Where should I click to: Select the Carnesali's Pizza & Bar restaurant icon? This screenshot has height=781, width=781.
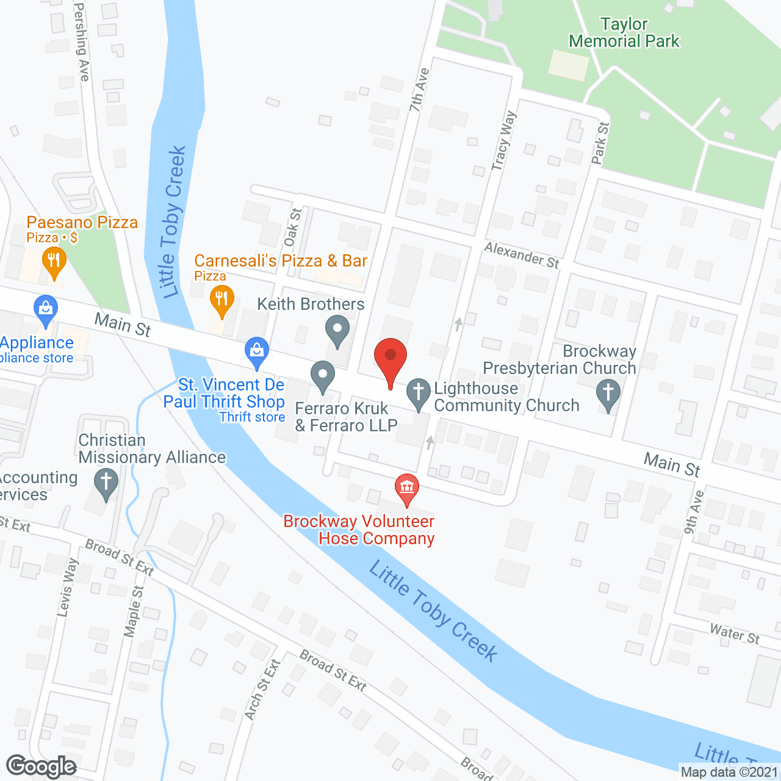click(x=221, y=300)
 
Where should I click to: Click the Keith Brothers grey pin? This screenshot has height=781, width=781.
click(x=337, y=330)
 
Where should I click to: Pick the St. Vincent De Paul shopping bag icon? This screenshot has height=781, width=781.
click(x=257, y=352)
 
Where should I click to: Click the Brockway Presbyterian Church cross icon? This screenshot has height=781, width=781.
click(x=608, y=394)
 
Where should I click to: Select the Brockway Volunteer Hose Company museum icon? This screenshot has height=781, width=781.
click(x=406, y=488)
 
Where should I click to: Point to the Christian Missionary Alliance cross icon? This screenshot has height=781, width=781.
click(x=106, y=483)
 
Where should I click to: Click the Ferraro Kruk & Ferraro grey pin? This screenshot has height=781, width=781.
click(x=323, y=376)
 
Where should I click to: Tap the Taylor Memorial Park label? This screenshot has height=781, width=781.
click(x=624, y=33)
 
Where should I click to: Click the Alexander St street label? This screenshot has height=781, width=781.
click(x=522, y=255)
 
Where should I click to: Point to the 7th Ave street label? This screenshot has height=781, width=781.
click(x=419, y=90)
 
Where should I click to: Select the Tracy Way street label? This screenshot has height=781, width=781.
click(x=504, y=140)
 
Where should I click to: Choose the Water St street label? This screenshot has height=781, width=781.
click(x=734, y=634)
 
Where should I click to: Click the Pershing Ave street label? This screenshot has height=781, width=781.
click(x=82, y=41)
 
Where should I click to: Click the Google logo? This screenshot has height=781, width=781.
click(x=41, y=766)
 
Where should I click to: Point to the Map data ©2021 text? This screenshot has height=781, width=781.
click(x=729, y=772)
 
